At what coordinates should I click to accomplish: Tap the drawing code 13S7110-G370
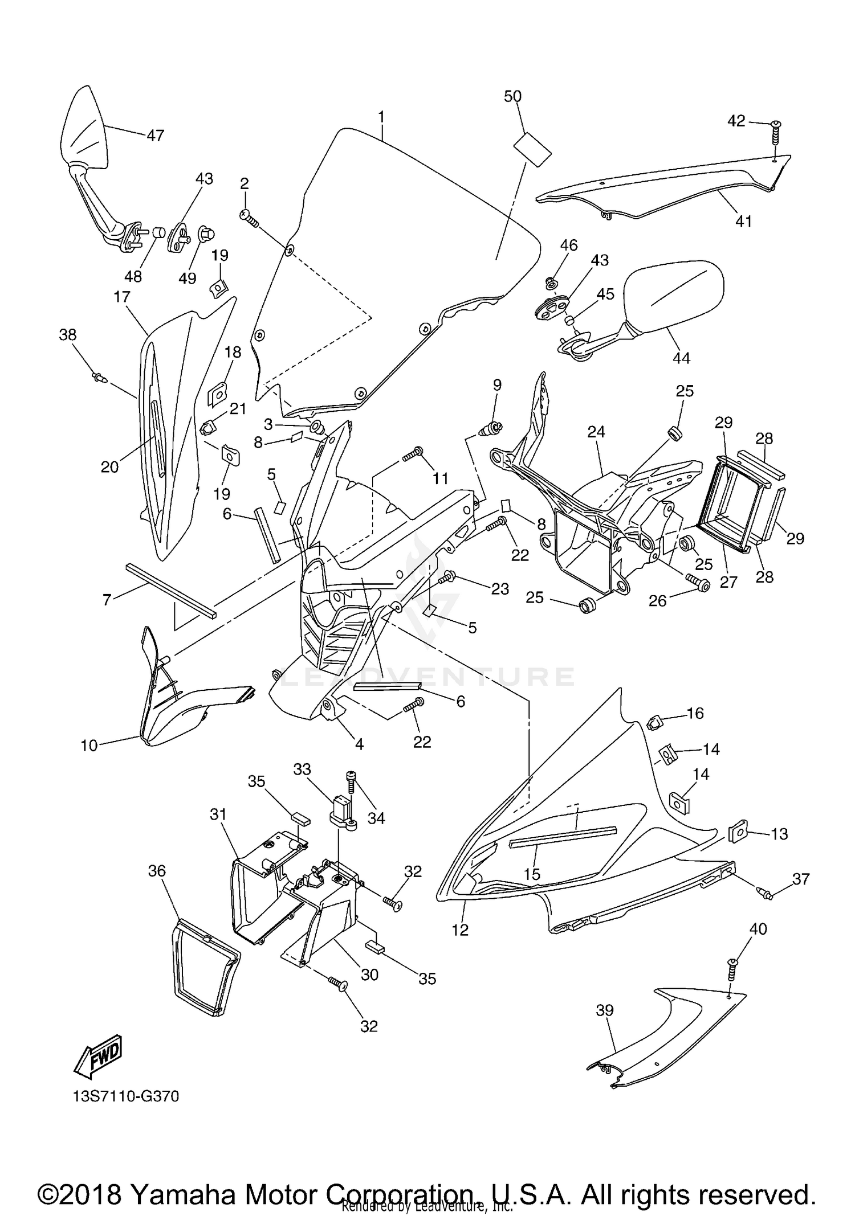(x=126, y=1096)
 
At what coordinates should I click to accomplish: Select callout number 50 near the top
(x=512, y=96)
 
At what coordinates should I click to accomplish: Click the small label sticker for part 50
(x=533, y=148)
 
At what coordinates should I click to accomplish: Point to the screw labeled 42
(x=776, y=133)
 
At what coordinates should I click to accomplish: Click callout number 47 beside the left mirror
(x=155, y=136)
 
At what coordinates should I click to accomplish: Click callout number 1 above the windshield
(x=381, y=117)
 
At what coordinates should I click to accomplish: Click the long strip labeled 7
(x=171, y=590)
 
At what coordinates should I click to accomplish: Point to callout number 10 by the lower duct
(x=89, y=744)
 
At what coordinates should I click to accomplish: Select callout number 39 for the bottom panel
(x=604, y=1010)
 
